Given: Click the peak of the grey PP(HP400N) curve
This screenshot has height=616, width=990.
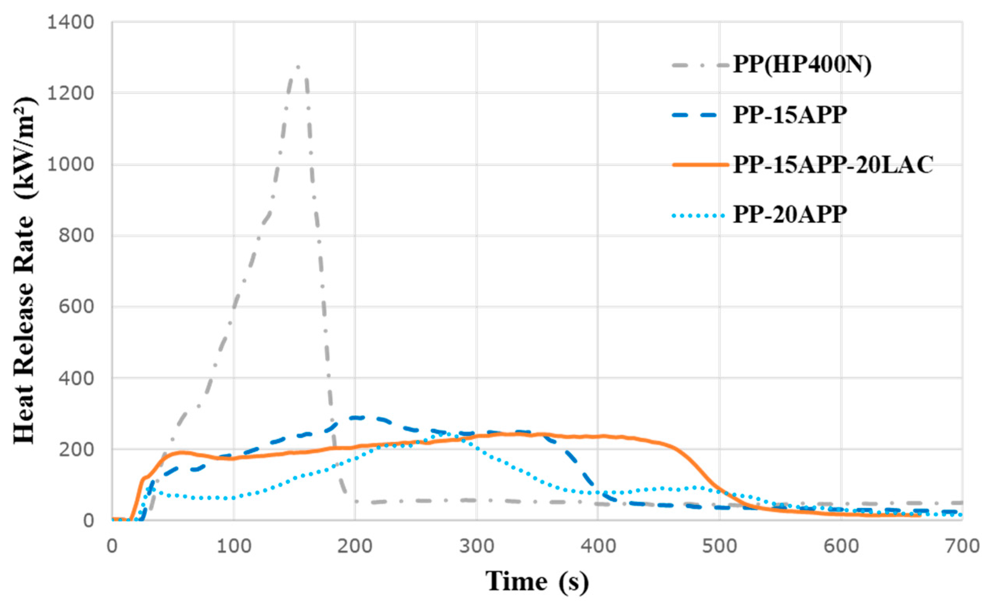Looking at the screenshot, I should [298, 67].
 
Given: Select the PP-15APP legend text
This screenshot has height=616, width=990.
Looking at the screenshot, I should [790, 115].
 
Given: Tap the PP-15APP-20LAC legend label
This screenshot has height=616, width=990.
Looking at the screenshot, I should [833, 165].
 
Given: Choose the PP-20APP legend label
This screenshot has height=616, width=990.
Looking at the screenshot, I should [790, 214].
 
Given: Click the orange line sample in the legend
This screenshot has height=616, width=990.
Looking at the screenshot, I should [700, 165].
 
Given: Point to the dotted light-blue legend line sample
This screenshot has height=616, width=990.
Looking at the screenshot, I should [698, 215].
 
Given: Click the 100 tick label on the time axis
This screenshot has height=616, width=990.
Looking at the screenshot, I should [233, 546].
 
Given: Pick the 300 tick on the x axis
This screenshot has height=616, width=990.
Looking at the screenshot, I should [477, 546].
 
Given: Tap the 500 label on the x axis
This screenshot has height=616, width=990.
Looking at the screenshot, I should [720, 546].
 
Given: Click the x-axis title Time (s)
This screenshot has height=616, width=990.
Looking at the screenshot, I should [537, 582].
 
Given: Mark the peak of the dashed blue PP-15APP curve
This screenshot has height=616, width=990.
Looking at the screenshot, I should [358, 418].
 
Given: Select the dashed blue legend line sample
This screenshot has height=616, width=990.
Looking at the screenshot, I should [700, 115].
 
